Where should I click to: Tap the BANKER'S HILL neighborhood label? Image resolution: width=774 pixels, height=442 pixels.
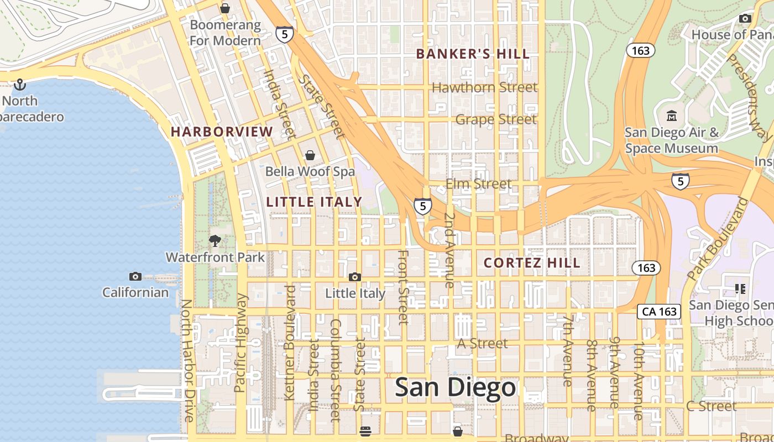coord(473,54)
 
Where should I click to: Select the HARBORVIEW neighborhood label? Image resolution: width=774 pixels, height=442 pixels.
coord(222,132)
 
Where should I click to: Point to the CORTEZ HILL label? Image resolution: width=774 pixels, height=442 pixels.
coord(532,263)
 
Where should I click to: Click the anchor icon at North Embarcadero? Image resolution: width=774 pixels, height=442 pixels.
coord(20,85)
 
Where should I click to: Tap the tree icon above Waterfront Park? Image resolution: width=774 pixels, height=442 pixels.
coord(215,241)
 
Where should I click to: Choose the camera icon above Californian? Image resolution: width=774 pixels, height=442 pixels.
coord(135,276)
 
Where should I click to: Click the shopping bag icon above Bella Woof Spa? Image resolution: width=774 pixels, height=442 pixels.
coord(310,155)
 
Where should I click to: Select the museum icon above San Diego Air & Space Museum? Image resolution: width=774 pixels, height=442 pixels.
coord(672,116)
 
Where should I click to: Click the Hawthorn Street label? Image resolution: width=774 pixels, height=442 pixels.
coord(484,87)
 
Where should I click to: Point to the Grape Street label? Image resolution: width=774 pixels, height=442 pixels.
coord(496,119)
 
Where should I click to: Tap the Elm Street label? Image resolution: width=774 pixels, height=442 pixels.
coord(478,184)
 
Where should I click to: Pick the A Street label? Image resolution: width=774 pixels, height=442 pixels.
coord(482,344)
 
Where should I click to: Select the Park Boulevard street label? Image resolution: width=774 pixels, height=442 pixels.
coord(717,239)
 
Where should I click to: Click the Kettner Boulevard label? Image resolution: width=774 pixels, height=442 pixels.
coord(290,343)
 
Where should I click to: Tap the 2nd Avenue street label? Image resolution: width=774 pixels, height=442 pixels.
coord(449,250)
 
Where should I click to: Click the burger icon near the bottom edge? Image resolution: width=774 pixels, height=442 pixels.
coord(365,432)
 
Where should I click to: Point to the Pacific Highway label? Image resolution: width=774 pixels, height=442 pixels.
coord(240,343)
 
